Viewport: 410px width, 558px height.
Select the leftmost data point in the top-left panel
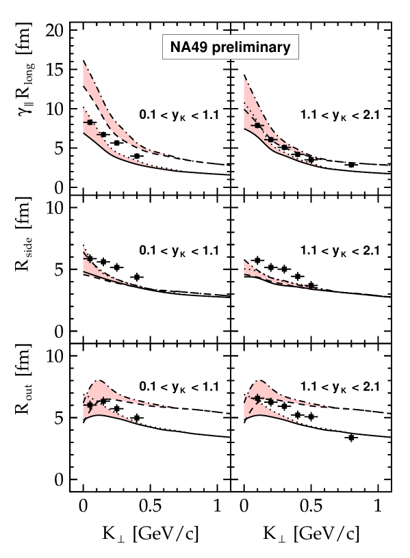click(90, 122)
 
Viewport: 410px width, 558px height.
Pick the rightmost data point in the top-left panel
click(137, 156)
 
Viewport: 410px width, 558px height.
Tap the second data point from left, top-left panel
click(103, 135)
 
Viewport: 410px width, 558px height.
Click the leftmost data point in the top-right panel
click(257, 126)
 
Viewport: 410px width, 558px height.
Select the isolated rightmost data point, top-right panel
click(351, 165)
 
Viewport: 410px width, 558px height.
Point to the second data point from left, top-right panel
click(270, 139)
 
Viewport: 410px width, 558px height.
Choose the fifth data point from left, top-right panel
click(311, 159)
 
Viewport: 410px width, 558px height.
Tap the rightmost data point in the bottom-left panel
click(137, 418)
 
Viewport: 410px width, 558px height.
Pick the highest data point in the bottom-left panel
click(103, 401)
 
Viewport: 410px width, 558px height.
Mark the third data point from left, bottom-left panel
click(117, 409)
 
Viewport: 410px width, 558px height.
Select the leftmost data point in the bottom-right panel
click(257, 398)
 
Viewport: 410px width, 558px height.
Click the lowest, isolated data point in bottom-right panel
click(351, 437)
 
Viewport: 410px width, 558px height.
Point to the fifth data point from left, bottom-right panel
click(311, 416)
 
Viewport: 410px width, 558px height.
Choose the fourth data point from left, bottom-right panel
click(297, 415)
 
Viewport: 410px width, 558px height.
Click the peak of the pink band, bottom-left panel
click(98, 380)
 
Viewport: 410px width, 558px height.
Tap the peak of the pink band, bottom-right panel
click(259, 380)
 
